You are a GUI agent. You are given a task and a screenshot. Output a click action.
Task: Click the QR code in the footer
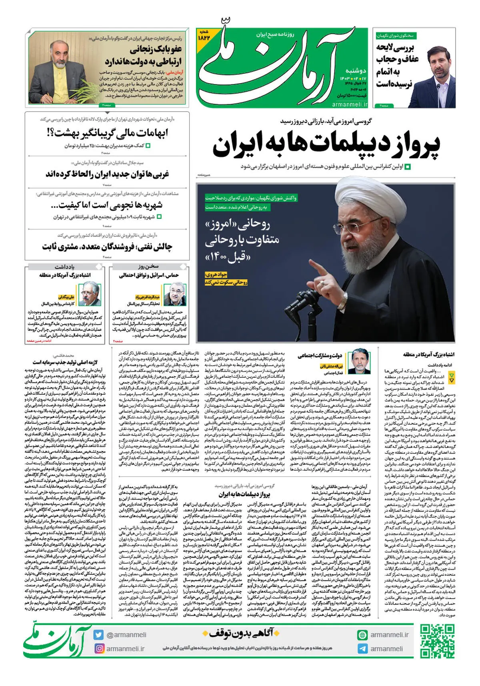437,641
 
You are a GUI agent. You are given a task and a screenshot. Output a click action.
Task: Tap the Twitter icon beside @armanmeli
98,635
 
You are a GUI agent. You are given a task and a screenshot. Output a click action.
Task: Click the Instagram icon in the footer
98,648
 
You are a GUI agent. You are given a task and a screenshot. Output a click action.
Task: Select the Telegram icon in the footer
362,649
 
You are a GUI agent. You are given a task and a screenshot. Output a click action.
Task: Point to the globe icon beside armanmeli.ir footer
362,635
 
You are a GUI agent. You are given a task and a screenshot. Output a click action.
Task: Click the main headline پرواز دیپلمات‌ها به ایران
326,144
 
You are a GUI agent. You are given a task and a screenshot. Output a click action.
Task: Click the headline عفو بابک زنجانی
156,50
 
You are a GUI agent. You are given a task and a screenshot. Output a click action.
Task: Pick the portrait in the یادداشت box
89,294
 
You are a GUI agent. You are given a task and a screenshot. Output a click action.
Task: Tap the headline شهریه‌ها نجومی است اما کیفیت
107,205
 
